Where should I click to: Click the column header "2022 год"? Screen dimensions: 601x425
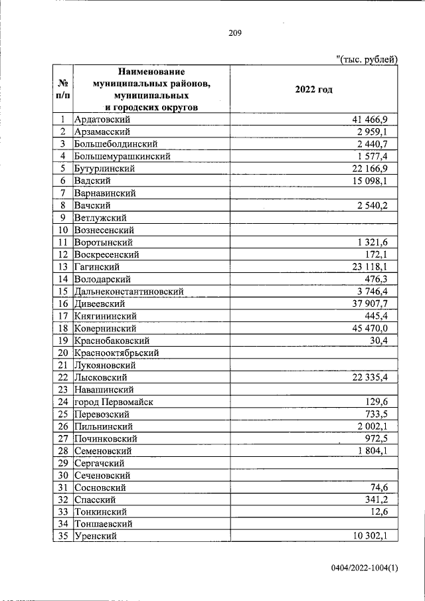point(313,90)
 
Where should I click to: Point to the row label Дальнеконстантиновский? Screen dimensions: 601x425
point(129,291)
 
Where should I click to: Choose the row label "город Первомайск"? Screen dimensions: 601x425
point(114,402)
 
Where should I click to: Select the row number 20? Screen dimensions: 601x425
point(63,353)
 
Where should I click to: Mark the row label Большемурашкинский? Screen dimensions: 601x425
point(123,157)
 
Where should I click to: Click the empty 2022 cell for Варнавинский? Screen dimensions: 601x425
point(313,193)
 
